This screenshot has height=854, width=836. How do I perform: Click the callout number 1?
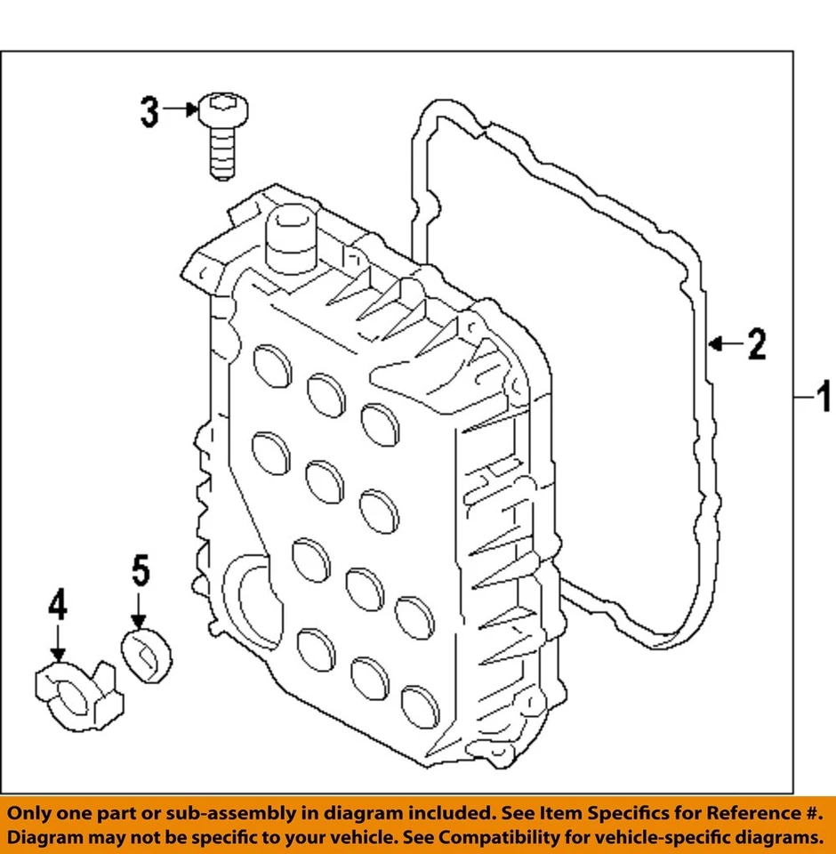pyautogui.click(x=823, y=393)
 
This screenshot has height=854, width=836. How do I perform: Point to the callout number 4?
pyautogui.click(x=57, y=607)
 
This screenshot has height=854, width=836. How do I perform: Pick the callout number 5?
pyautogui.click(x=141, y=571)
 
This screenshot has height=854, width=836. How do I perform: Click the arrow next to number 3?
pyautogui.click(x=181, y=109)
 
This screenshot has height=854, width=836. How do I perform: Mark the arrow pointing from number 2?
pyautogui.click(x=724, y=342)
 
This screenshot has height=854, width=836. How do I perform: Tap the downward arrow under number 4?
pyautogui.click(x=57, y=642)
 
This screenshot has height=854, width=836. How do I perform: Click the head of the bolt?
pyautogui.click(x=222, y=109)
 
